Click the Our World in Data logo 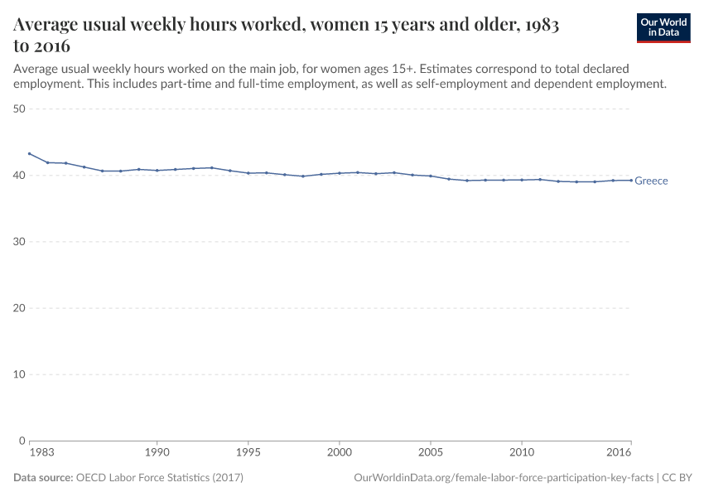tap(663, 27)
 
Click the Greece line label tap(651, 181)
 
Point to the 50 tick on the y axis tap(20, 109)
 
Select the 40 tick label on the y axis tap(20, 175)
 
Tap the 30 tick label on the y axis tap(20, 241)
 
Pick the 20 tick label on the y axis tap(20, 307)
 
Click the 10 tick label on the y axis tap(20, 374)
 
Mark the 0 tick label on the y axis tap(23, 440)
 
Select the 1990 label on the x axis tap(157, 453)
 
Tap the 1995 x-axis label tap(248, 453)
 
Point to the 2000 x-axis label tap(340, 453)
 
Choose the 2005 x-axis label tap(431, 453)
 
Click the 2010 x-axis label tap(522, 453)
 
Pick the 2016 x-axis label tap(620, 453)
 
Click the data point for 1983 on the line tap(30, 153)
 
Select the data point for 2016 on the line tap(631, 180)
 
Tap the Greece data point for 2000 tap(340, 173)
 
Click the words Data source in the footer tap(43, 478)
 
